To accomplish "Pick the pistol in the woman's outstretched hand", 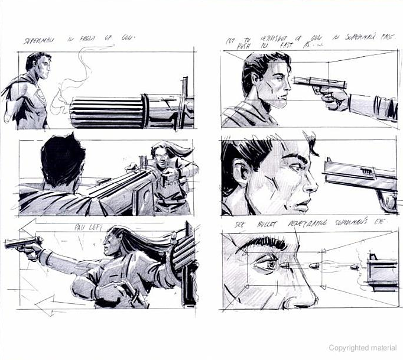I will pos(24,242).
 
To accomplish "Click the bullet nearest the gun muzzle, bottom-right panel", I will pos(353,267).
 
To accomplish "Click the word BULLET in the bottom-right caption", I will pos(256,226).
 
